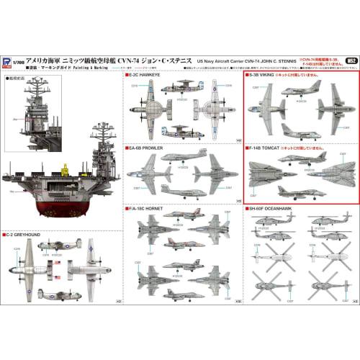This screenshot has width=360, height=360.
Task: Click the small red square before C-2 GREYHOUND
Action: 6,234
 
